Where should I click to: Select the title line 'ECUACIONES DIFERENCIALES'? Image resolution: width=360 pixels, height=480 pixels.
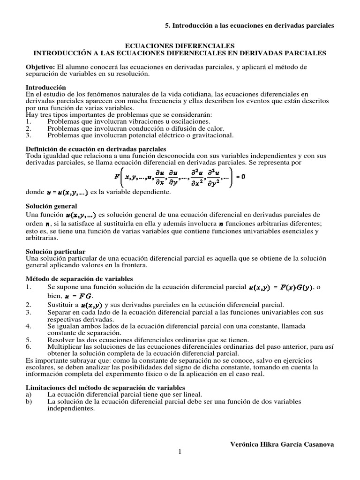(x=180, y=46)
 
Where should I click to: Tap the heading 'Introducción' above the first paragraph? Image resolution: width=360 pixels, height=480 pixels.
(x=45, y=88)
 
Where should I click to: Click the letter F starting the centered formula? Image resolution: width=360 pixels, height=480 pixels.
(x=117, y=177)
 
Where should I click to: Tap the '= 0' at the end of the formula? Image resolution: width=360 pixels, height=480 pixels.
(x=240, y=177)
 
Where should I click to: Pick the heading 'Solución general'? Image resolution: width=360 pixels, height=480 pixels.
(x=51, y=206)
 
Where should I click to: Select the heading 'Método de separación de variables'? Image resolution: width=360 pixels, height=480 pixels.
(x=79, y=278)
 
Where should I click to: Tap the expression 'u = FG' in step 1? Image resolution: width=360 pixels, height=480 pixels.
(x=80, y=296)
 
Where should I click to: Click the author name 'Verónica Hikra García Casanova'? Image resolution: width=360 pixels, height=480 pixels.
(x=283, y=444)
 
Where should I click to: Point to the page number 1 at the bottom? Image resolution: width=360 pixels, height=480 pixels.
(x=179, y=451)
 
